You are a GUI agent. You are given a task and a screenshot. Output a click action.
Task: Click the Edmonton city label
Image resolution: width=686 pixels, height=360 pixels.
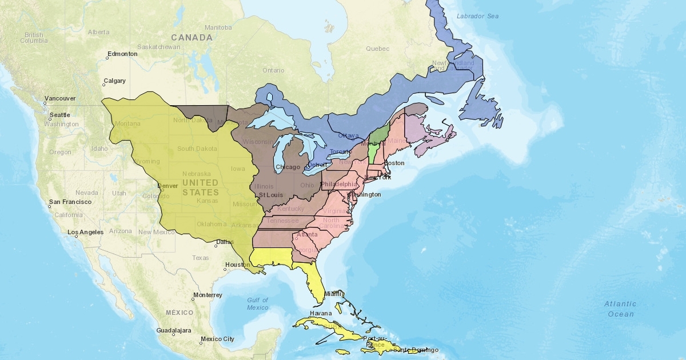tap(122, 54)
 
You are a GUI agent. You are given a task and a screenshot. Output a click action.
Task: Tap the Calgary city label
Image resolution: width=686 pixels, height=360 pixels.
tap(115, 81)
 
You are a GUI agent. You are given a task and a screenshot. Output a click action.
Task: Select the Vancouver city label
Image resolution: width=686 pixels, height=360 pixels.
tap(60, 98)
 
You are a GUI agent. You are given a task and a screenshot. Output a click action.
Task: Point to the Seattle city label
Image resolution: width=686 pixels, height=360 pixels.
tap(59, 115)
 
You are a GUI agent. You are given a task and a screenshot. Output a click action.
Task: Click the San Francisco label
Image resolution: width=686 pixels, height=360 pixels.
tap(70, 202)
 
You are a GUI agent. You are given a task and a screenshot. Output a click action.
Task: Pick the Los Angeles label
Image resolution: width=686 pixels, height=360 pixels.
tap(86, 233)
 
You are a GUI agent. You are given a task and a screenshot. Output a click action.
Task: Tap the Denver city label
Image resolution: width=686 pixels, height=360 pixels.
tap(167, 186)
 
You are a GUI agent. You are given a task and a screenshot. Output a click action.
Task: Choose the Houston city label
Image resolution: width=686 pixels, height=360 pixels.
tap(238, 265)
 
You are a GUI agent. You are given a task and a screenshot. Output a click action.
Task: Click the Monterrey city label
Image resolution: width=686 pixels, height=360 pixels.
tap(207, 295)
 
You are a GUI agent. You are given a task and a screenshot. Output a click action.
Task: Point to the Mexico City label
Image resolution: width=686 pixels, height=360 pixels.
tap(217, 339)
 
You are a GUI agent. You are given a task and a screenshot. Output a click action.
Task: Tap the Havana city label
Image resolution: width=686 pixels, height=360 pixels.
tap(321, 314)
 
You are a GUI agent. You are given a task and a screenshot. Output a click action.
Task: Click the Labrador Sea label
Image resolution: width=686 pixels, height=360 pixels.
tap(477, 16)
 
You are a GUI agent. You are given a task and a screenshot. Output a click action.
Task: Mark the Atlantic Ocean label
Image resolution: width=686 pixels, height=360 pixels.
tap(620, 309)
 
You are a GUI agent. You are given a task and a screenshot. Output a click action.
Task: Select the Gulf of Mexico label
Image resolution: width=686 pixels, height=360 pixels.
tap(258, 304)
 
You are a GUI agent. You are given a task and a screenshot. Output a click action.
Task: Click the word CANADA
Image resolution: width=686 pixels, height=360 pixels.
tap(192, 38)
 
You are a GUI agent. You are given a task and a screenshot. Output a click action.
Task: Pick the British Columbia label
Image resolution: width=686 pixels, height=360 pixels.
tap(34, 38)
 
